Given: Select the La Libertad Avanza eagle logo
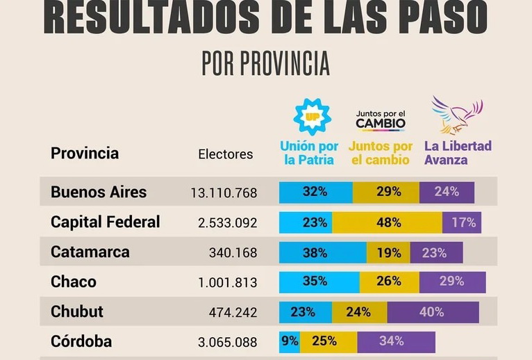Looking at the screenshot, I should coord(456,115).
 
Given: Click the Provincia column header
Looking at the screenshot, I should coord(85,153).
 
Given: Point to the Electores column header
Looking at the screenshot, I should coord(226,154).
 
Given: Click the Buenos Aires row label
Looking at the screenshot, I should coord(99,192).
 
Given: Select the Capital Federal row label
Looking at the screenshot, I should coord(106,222).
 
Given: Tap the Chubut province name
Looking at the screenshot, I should coord(77,311).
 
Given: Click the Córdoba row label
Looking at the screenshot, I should coord(81,341).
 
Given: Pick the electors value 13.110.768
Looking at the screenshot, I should coord(224,193).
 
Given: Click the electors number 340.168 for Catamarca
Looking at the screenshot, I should coord(233,253).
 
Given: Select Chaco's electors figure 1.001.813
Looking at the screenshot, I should coord(227,283).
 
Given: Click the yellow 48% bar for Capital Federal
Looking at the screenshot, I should coord(389,222).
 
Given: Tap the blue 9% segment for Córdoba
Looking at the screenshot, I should coord(290,341).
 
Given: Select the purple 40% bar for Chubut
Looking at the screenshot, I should coord(433,312).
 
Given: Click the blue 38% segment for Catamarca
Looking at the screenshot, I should coord(322,253).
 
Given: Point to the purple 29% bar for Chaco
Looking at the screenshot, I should coord(452,282).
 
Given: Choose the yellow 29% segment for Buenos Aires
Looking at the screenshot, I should coord(387,192).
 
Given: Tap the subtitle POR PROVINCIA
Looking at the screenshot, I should coord(265,63).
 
